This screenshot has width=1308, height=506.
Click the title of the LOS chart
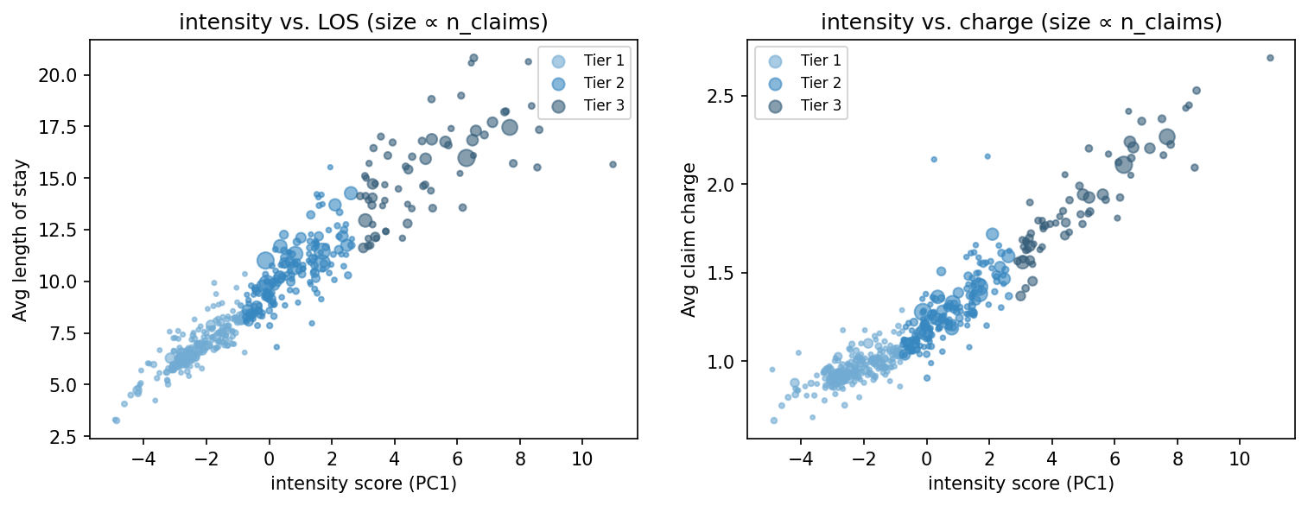[363, 23]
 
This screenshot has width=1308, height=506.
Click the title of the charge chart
[1021, 23]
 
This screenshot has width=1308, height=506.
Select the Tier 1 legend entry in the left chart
[584, 60]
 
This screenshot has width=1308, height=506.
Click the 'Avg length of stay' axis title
[20, 240]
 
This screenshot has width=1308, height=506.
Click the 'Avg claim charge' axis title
[689, 240]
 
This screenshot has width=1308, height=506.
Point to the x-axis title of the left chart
[363, 484]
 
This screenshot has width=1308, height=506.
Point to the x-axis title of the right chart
[1021, 484]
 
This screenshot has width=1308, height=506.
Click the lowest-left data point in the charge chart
[773, 421]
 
